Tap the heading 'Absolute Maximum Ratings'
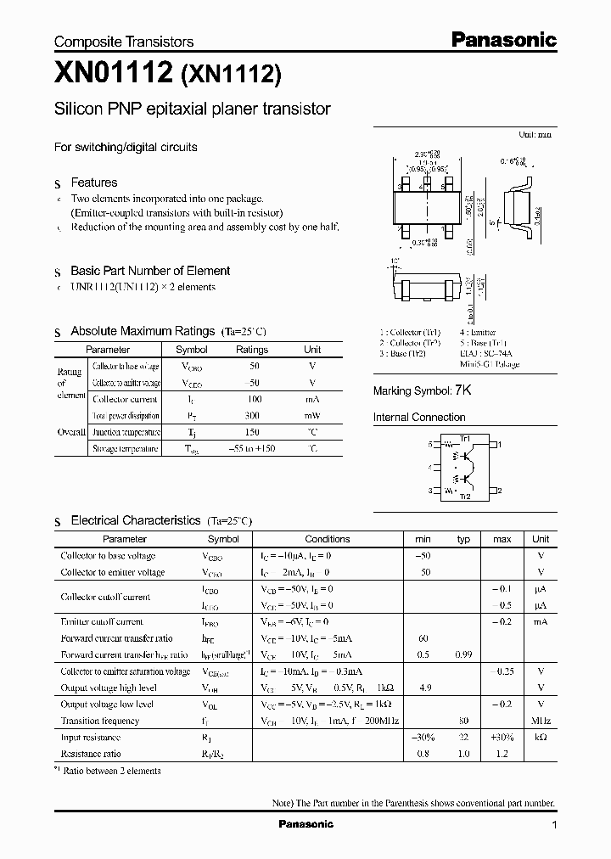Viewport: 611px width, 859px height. coord(143,331)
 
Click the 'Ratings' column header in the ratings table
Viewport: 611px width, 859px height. coord(252,350)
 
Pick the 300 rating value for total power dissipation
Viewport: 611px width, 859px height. coord(252,416)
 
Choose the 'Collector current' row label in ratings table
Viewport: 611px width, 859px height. coord(125,399)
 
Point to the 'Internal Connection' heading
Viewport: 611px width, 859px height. coord(419,418)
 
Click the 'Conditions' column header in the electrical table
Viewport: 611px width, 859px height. coord(328,539)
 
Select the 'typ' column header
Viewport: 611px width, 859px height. coord(463,539)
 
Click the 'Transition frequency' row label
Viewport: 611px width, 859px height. coord(101,721)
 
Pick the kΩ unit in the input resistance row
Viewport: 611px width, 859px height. coord(541,738)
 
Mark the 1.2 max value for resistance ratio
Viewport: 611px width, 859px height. coord(502,754)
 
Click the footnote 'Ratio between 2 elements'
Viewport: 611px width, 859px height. coord(112,771)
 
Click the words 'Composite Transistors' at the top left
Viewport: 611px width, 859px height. coord(124,42)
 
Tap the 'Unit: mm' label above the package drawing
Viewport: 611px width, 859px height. coord(535,135)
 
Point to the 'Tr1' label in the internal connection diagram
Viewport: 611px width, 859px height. coord(465,436)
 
